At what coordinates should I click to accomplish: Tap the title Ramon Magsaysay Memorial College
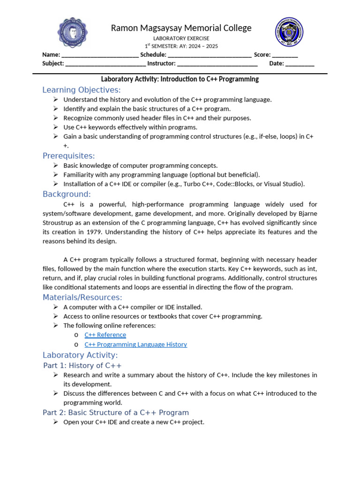pyautogui.click(x=181, y=28)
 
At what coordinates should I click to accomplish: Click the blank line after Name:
pyautogui.click(x=100, y=55)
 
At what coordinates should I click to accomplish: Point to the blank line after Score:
pyautogui.click(x=285, y=55)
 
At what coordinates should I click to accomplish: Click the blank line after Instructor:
pyautogui.click(x=217, y=64)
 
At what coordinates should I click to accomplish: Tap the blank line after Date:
pyautogui.click(x=300, y=64)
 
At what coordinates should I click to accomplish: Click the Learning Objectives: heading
pyautogui.click(x=82, y=90)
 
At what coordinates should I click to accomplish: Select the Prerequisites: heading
pyautogui.click(x=69, y=156)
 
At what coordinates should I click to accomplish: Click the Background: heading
pyautogui.click(x=67, y=194)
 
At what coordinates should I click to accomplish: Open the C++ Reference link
pyautogui.click(x=105, y=335)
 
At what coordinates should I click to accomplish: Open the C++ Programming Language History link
pyautogui.click(x=135, y=344)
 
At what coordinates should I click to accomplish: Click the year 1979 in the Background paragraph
pyautogui.click(x=100, y=232)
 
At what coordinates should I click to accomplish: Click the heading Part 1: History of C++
pyautogui.click(x=82, y=365)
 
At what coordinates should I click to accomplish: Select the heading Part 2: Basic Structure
pyautogui.click(x=116, y=412)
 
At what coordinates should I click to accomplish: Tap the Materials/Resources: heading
pyautogui.click(x=82, y=297)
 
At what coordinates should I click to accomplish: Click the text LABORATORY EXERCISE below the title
pyautogui.click(x=181, y=38)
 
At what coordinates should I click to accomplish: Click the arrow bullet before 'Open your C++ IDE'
pyautogui.click(x=55, y=422)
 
